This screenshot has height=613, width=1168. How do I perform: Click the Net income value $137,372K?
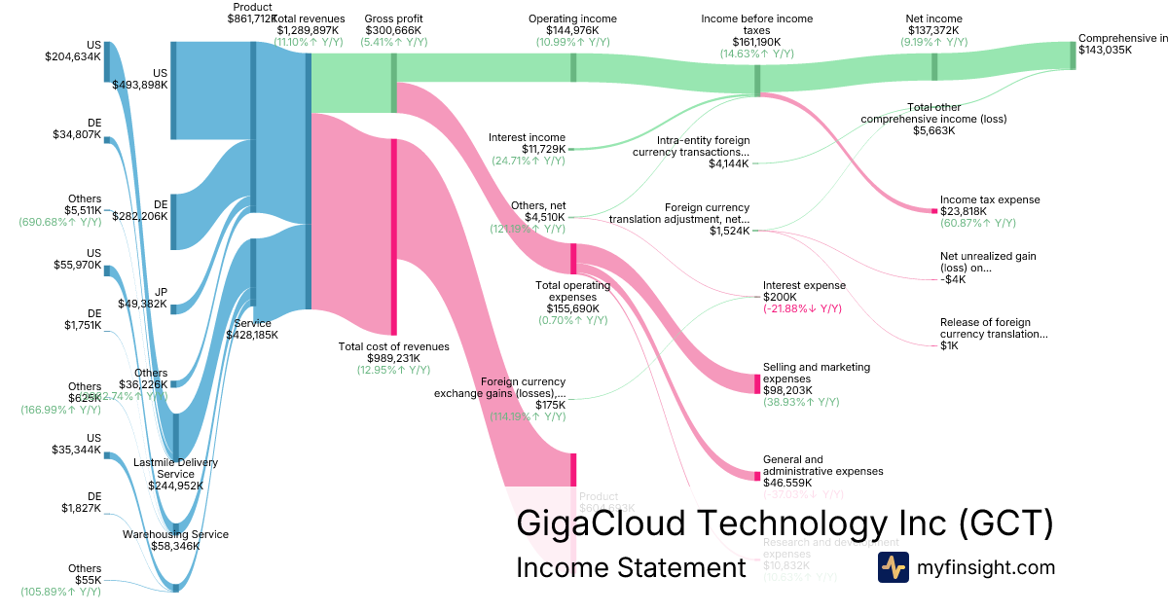pyautogui.click(x=933, y=30)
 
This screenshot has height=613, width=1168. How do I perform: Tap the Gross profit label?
pyautogui.click(x=393, y=18)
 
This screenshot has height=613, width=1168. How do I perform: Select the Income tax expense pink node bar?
pyautogui.click(x=933, y=209)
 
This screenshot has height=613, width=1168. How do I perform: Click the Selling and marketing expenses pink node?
pyautogui.click(x=757, y=383)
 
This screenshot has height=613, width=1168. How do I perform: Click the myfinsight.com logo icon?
pyautogui.click(x=893, y=567)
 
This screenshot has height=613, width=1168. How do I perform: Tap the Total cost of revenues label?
pyautogui.click(x=393, y=346)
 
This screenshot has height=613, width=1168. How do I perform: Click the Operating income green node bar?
pyautogui.click(x=573, y=67)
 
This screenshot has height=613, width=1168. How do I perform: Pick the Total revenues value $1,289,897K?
pyautogui.click(x=308, y=30)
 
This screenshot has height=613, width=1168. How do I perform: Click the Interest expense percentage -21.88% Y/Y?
pyautogui.click(x=803, y=308)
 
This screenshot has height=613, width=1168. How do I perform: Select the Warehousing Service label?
pyautogui.click(x=175, y=534)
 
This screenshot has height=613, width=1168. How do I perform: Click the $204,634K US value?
pyautogui.click(x=73, y=56)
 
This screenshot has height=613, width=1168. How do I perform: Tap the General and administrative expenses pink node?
pyautogui.click(x=757, y=475)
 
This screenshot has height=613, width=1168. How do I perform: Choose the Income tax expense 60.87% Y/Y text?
pyautogui.click(x=978, y=223)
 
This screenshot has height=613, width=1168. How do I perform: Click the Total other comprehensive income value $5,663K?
pyautogui.click(x=933, y=130)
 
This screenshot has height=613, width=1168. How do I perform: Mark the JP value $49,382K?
pyautogui.click(x=140, y=304)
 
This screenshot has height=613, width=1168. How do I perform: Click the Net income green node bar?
pyautogui.click(x=934, y=66)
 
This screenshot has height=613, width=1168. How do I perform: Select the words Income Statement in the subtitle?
pyautogui.click(x=631, y=567)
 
